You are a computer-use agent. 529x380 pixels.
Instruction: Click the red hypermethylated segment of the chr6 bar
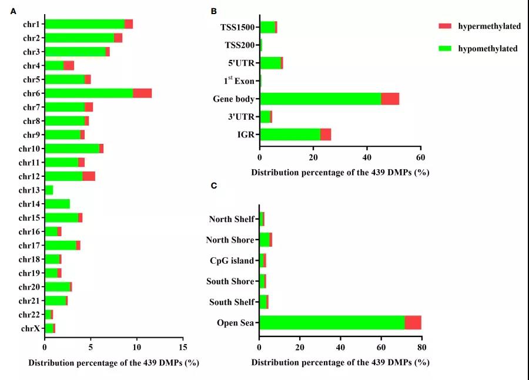click(x=142, y=93)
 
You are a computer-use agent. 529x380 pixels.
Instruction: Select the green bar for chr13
click(x=49, y=190)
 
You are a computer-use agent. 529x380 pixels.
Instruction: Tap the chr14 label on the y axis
click(x=29, y=204)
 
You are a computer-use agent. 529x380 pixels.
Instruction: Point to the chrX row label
click(x=29, y=328)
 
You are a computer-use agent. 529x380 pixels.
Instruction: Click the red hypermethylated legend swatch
click(x=444, y=26)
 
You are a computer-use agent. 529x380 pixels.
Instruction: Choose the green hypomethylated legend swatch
click(x=444, y=48)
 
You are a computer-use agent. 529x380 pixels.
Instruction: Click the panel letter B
click(x=214, y=11)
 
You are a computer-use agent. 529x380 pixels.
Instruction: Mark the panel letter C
click(x=214, y=186)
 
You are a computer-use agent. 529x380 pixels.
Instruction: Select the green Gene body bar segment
click(x=320, y=99)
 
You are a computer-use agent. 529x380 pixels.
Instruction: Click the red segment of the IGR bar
click(x=326, y=134)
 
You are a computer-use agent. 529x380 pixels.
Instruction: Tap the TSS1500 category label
click(x=237, y=27)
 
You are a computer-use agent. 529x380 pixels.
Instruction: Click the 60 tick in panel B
click(x=420, y=159)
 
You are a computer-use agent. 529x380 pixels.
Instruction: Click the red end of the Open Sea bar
click(x=413, y=322)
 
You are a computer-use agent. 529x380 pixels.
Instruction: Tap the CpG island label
click(x=232, y=261)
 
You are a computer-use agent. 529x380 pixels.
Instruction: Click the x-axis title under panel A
click(x=113, y=363)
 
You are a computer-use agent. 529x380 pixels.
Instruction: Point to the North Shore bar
click(x=265, y=240)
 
